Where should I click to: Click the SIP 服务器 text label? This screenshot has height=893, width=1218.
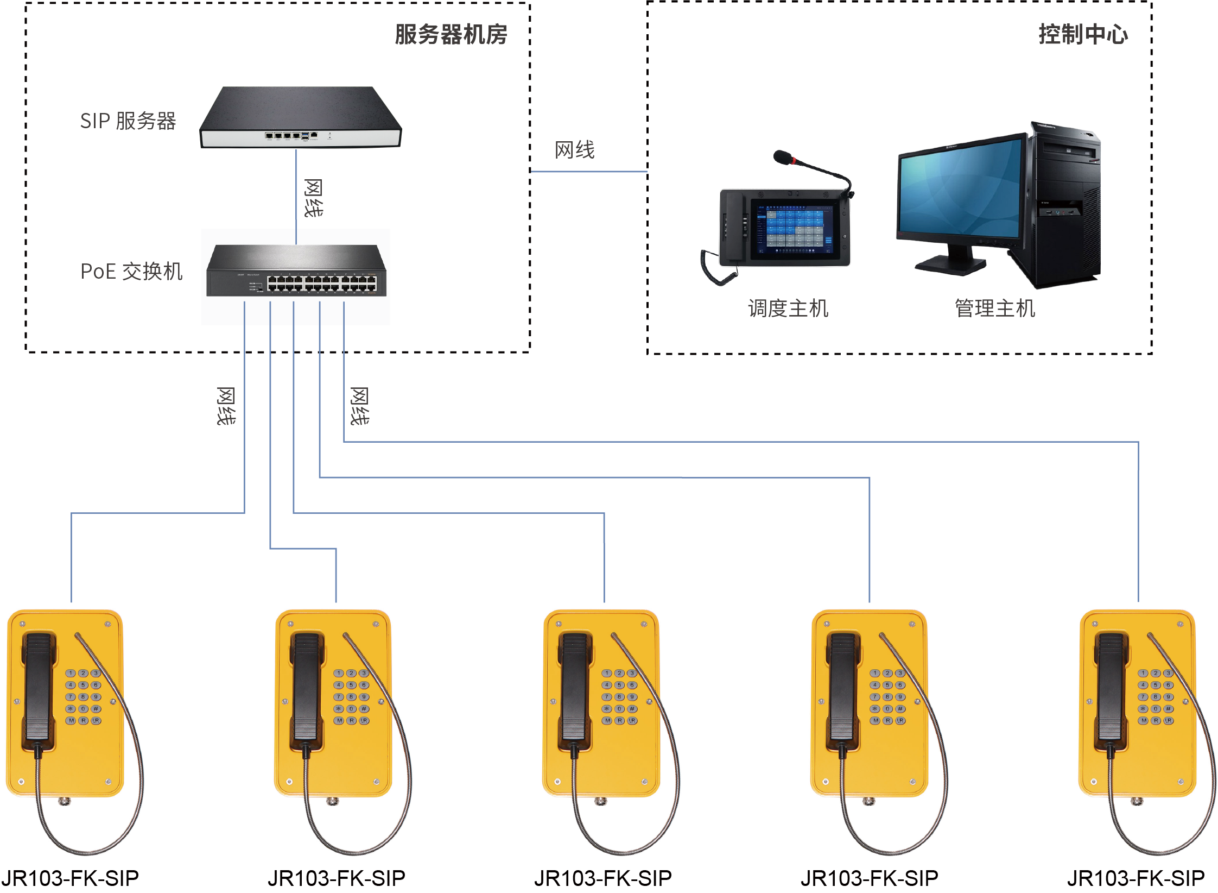[128, 121]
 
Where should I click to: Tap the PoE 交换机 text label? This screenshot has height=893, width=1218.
[131, 271]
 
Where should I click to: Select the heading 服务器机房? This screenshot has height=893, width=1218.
[451, 35]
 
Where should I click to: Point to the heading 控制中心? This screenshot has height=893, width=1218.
[1083, 35]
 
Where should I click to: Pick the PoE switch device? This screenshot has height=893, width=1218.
[296, 271]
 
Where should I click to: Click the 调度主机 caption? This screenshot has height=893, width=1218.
[788, 309]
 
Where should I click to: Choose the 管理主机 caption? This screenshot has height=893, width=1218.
[995, 309]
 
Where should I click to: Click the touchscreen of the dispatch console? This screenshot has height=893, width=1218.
[794, 229]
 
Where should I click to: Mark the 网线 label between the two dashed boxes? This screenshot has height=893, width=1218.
[574, 149]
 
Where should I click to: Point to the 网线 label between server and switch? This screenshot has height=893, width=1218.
[313, 198]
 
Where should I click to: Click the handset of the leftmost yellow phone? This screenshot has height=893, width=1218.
[39, 690]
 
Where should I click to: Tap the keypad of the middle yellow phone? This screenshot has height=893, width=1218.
[619, 697]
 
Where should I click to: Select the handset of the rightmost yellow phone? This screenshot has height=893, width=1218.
[1111, 690]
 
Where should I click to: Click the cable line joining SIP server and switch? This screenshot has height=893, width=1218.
[296, 196]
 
